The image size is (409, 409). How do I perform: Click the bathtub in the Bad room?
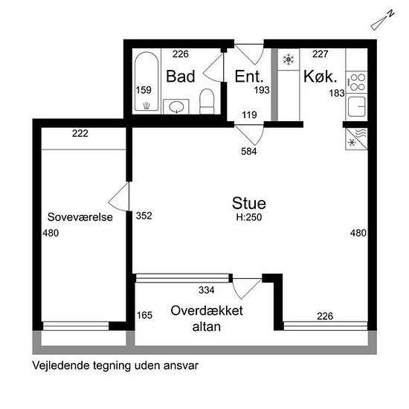click(x=146, y=81)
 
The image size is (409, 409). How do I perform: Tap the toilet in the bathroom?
click(x=207, y=101)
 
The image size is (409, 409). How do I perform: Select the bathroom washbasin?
click(x=176, y=106)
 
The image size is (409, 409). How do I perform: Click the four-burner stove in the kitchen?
click(x=357, y=82)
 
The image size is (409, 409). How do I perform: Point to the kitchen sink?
click(x=356, y=106)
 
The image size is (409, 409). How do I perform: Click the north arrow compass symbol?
click(x=382, y=20)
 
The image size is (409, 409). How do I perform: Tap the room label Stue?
click(x=249, y=203)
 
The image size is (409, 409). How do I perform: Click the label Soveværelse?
click(x=80, y=217)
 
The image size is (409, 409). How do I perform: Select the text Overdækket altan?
click(x=207, y=318)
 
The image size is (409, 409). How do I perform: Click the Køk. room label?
click(x=320, y=77)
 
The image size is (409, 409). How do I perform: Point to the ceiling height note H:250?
click(x=249, y=217)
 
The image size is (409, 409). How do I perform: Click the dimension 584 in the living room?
click(x=249, y=151)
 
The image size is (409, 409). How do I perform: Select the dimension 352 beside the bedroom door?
click(x=144, y=216)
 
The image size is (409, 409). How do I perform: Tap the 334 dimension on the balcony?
click(x=207, y=290)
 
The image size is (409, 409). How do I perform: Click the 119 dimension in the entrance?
click(x=249, y=115)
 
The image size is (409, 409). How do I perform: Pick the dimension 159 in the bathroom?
click(x=144, y=90)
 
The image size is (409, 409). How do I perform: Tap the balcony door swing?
click(x=247, y=289)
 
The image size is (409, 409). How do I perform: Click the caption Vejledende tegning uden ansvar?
click(x=115, y=366)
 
